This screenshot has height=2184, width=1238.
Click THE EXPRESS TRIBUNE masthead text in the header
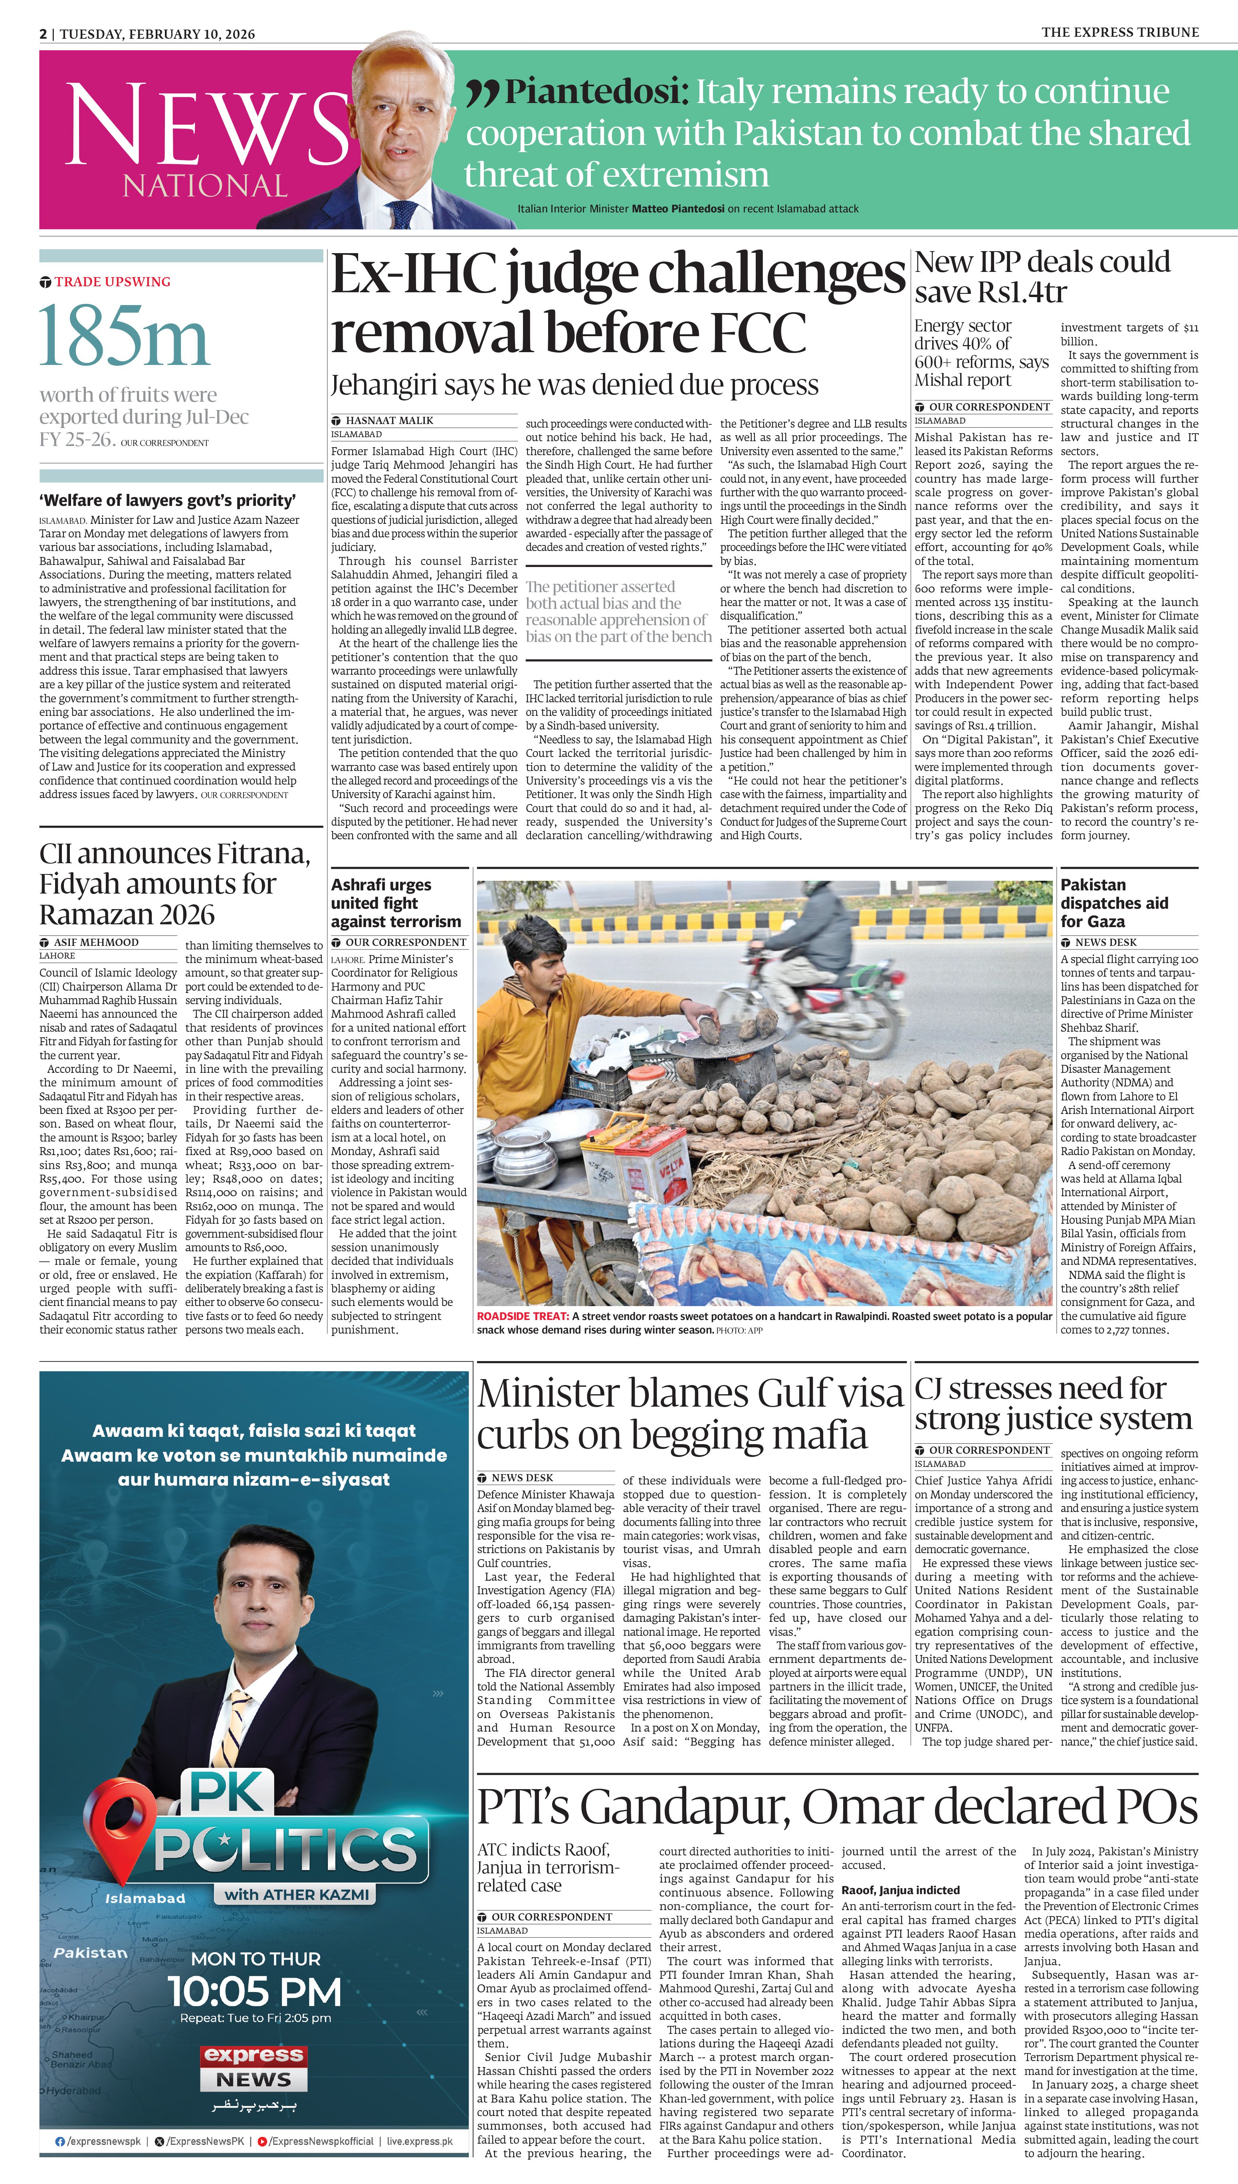click(1120, 32)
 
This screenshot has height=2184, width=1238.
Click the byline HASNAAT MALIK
click(388, 420)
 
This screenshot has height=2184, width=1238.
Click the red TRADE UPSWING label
click(112, 281)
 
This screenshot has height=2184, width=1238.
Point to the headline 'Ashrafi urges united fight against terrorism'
click(396, 903)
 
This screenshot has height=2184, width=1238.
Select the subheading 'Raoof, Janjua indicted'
click(900, 1890)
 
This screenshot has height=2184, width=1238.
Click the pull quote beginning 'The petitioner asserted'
click(618, 611)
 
